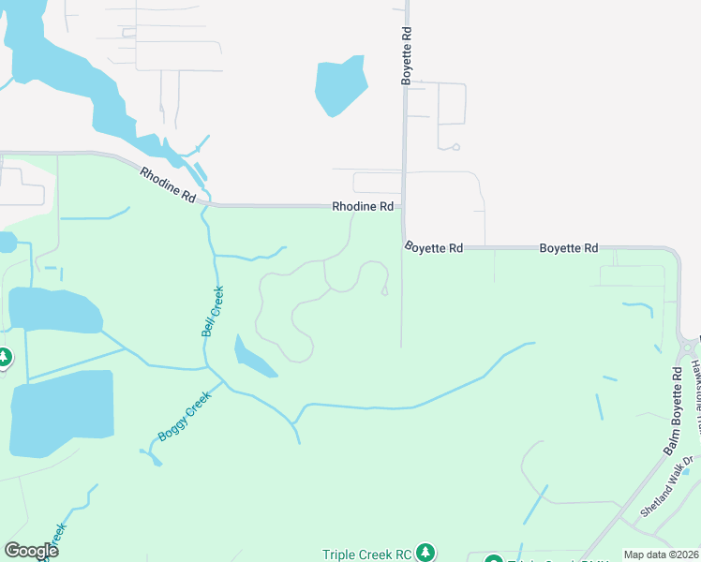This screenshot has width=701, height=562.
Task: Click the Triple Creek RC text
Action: [x=367, y=554]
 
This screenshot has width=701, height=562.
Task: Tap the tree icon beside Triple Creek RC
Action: [x=426, y=552]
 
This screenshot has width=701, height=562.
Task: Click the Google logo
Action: [x=31, y=551]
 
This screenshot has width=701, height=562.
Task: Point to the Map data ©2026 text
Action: [x=661, y=555]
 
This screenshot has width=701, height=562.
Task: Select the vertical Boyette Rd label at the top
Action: [x=407, y=56]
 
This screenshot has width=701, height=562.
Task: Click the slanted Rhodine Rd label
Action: [x=169, y=185]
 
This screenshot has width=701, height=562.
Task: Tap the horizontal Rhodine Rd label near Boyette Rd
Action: [x=362, y=206]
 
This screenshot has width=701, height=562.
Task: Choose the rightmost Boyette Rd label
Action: [x=568, y=248]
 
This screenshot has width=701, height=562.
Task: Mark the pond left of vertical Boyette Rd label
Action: [x=338, y=86]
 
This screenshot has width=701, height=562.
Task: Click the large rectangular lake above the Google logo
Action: [x=61, y=413]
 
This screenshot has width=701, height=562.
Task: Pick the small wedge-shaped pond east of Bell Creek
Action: [x=251, y=356]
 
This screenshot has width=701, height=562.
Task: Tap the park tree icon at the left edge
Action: [x=4, y=357]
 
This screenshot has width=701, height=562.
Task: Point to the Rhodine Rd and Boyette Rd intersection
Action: [x=403, y=207]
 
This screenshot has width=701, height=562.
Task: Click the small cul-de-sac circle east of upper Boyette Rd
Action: [x=455, y=147]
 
